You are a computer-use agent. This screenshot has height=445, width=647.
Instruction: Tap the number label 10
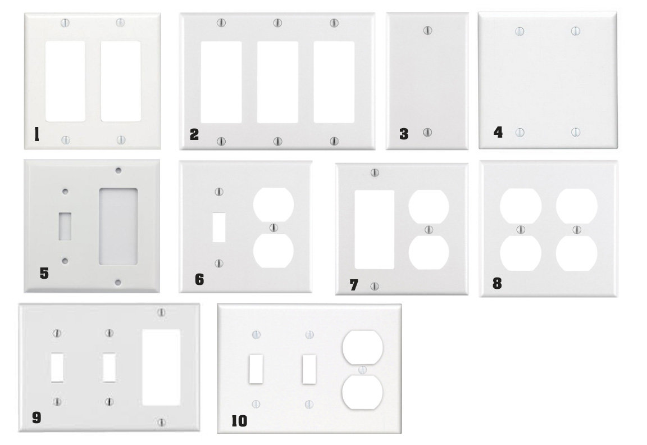[239, 421]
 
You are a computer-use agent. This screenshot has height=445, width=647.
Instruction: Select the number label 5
[44, 274]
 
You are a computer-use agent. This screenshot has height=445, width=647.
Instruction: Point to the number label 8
[496, 283]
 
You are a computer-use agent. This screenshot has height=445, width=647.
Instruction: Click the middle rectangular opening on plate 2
[277, 82]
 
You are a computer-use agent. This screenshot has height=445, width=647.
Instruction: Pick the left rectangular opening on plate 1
[65, 81]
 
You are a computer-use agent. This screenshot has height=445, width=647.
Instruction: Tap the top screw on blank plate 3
[427, 30]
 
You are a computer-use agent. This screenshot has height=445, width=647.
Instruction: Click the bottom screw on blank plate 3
[427, 133]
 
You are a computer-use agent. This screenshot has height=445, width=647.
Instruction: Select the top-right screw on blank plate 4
[575, 30]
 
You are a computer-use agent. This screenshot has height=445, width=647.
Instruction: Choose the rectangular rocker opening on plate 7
[374, 229]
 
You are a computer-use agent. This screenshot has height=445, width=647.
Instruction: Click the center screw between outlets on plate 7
[429, 229]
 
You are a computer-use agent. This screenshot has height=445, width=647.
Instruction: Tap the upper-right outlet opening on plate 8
[576, 205]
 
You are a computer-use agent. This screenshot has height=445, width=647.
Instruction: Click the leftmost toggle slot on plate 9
[57, 367]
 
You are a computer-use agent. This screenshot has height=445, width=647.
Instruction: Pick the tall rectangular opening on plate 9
[162, 367]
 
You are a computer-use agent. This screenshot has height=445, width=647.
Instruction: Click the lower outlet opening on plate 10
[362, 393]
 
